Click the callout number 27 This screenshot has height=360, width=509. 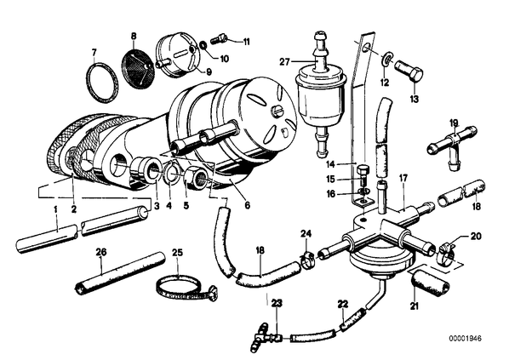284,61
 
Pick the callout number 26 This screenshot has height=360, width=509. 101,252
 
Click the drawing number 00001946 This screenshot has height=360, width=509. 466,338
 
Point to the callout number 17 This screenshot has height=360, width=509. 403,178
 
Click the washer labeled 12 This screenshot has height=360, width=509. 387,59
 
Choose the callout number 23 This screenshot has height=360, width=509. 277,303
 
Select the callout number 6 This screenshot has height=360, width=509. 248,205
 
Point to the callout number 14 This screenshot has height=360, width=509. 330,164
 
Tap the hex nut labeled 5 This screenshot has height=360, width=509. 196,179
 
